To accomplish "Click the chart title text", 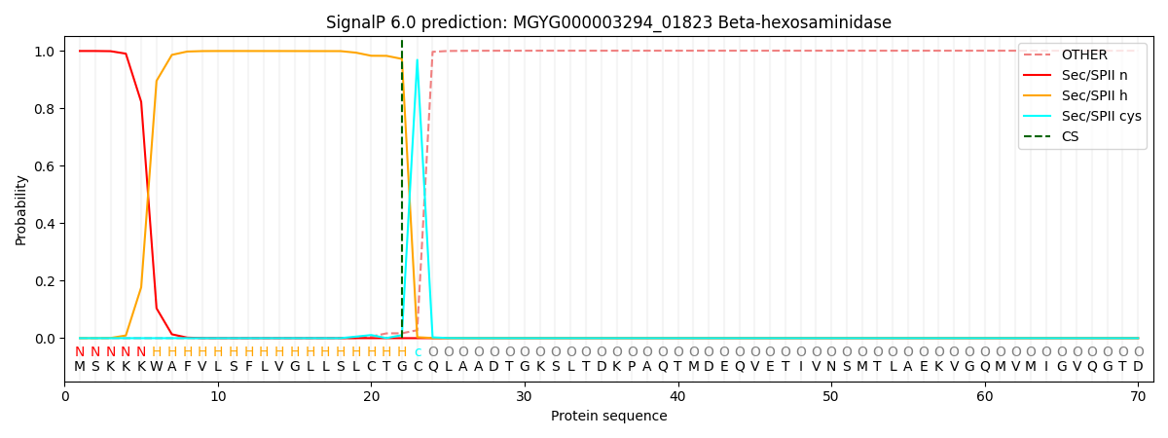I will tap(608, 22).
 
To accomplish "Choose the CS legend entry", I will tap(1070, 136).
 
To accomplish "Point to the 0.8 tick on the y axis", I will tap(52, 109).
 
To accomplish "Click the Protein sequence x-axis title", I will tap(608, 416).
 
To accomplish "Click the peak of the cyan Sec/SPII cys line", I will tap(418, 60).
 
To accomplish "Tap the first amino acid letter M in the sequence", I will tap(80, 367).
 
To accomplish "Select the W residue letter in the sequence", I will tap(157, 367).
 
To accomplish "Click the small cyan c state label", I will tap(418, 352).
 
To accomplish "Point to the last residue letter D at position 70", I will tap(1138, 367).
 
